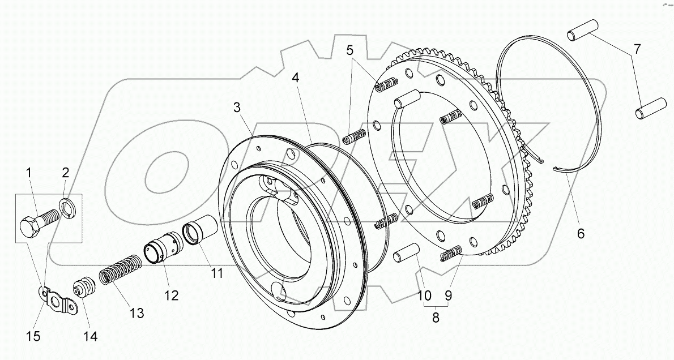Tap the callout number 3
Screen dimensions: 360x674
click(x=237, y=107)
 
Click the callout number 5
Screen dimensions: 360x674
click(x=351, y=50)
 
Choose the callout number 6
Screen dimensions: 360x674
click(x=581, y=232)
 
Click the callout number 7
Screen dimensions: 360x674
click(x=637, y=50)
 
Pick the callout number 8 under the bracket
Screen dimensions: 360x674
click(x=436, y=318)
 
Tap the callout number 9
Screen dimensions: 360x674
click(x=448, y=295)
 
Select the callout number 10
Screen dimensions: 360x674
click(x=424, y=295)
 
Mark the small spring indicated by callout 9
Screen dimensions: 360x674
click(x=451, y=254)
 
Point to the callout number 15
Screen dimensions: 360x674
click(x=33, y=336)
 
